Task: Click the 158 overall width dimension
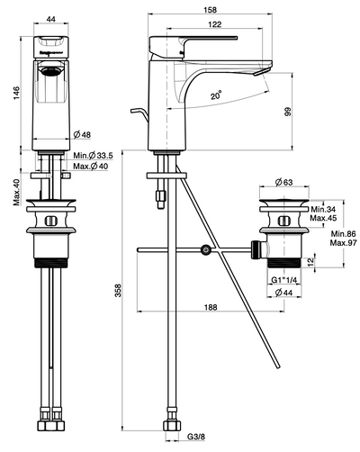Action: pyautogui.click(x=210, y=10)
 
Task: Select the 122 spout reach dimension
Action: pyautogui.click(x=215, y=24)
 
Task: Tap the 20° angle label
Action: pyautogui.click(x=216, y=95)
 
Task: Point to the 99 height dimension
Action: pyautogui.click(x=288, y=112)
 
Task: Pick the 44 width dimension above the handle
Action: pyautogui.click(x=51, y=19)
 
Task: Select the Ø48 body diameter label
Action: pyautogui.click(x=82, y=135)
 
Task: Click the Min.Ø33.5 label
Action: pyautogui.click(x=93, y=156)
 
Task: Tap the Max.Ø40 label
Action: pyautogui.click(x=90, y=166)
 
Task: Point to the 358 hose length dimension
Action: pyautogui.click(x=119, y=291)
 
